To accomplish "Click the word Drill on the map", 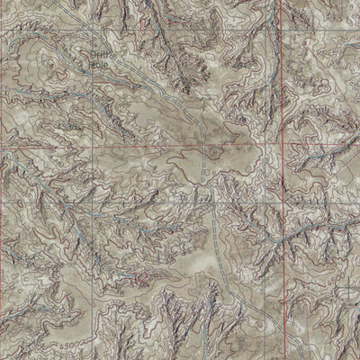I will (103, 55).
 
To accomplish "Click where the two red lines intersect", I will (280, 145).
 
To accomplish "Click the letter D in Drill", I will (94, 55).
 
